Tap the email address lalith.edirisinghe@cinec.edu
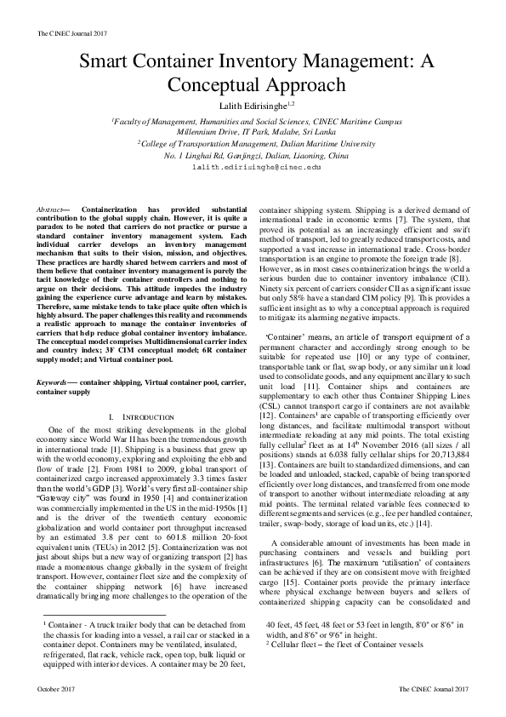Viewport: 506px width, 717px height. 253,169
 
